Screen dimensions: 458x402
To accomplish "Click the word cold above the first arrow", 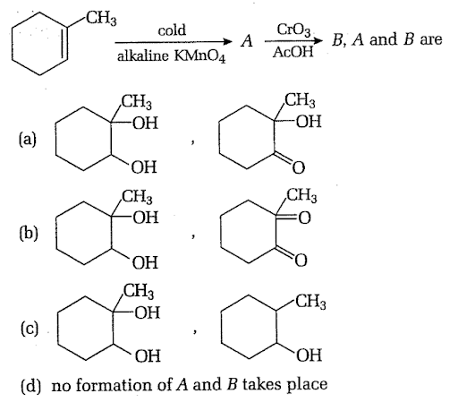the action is (x=172, y=30).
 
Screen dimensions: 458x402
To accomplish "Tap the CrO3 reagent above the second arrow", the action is (x=293, y=30).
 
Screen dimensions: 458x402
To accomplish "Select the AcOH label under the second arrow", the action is (x=293, y=52).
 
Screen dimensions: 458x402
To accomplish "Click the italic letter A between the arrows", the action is (x=247, y=40).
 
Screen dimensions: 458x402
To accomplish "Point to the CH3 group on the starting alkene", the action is (x=101, y=19).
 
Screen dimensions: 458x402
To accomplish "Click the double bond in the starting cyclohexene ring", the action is (x=64, y=44).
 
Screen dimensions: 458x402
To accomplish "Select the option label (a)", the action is (x=28, y=140).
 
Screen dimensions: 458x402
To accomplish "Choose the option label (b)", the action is (x=29, y=233).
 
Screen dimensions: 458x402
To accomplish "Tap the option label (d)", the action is (x=30, y=385).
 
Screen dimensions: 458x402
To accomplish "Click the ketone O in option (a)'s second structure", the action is (x=299, y=167).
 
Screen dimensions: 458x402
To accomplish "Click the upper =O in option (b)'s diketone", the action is (x=304, y=218).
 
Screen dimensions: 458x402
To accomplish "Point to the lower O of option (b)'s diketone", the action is (x=301, y=261).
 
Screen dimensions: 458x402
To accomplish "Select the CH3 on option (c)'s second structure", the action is (x=310, y=302).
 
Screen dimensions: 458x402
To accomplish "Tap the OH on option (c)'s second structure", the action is (x=310, y=355).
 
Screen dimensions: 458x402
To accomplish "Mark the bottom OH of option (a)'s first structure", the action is (x=144, y=167).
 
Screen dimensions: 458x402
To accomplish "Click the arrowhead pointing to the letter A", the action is (x=228, y=42).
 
